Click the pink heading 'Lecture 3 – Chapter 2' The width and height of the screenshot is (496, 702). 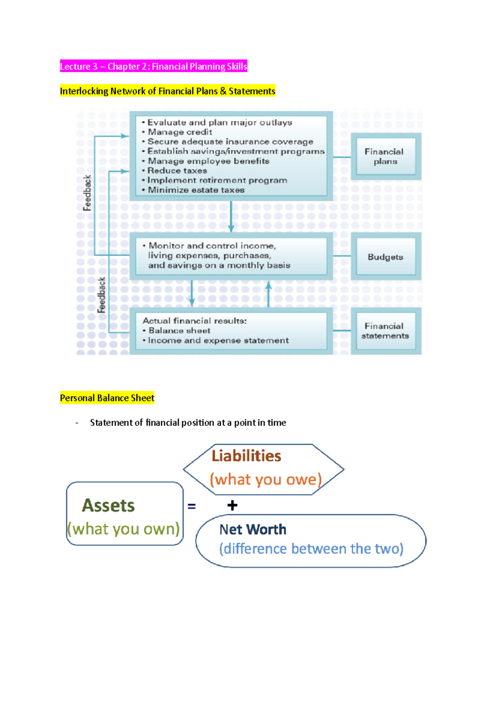(153, 67)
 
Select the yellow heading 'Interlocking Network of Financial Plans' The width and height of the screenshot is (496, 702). (167, 91)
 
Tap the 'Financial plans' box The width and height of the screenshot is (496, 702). (385, 157)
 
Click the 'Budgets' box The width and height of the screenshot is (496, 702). (385, 257)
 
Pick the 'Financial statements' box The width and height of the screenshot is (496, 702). (385, 331)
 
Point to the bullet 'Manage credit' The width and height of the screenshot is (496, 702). (180, 132)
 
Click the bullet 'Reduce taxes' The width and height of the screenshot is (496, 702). (177, 171)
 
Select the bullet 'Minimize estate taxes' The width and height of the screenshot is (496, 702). (196, 190)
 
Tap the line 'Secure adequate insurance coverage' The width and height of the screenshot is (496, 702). (230, 142)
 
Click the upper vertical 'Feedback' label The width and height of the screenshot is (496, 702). (87, 193)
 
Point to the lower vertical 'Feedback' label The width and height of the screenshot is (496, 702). (102, 295)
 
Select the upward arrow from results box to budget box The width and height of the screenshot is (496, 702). (269, 294)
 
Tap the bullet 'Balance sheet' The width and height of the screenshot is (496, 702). (179, 331)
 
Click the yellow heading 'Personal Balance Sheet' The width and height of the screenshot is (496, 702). (107, 398)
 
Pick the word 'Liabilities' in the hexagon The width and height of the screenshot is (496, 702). (246, 456)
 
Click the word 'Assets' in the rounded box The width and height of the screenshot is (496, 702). (108, 506)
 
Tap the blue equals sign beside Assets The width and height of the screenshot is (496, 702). (191, 506)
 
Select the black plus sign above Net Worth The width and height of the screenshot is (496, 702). (232, 505)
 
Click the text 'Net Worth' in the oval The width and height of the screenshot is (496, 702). (253, 530)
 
